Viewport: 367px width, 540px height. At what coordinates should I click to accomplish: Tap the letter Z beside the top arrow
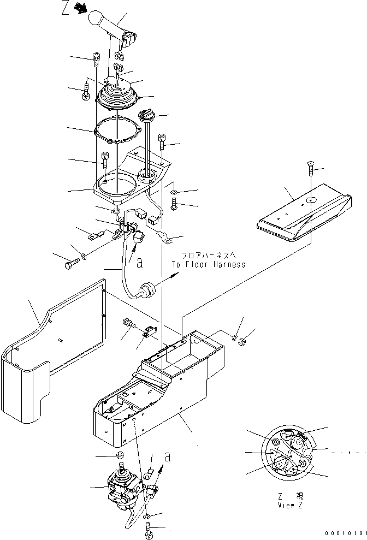point(65,9)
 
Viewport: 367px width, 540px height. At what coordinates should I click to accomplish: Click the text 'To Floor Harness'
point(208,264)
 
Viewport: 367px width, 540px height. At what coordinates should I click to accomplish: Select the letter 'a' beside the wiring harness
point(140,263)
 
